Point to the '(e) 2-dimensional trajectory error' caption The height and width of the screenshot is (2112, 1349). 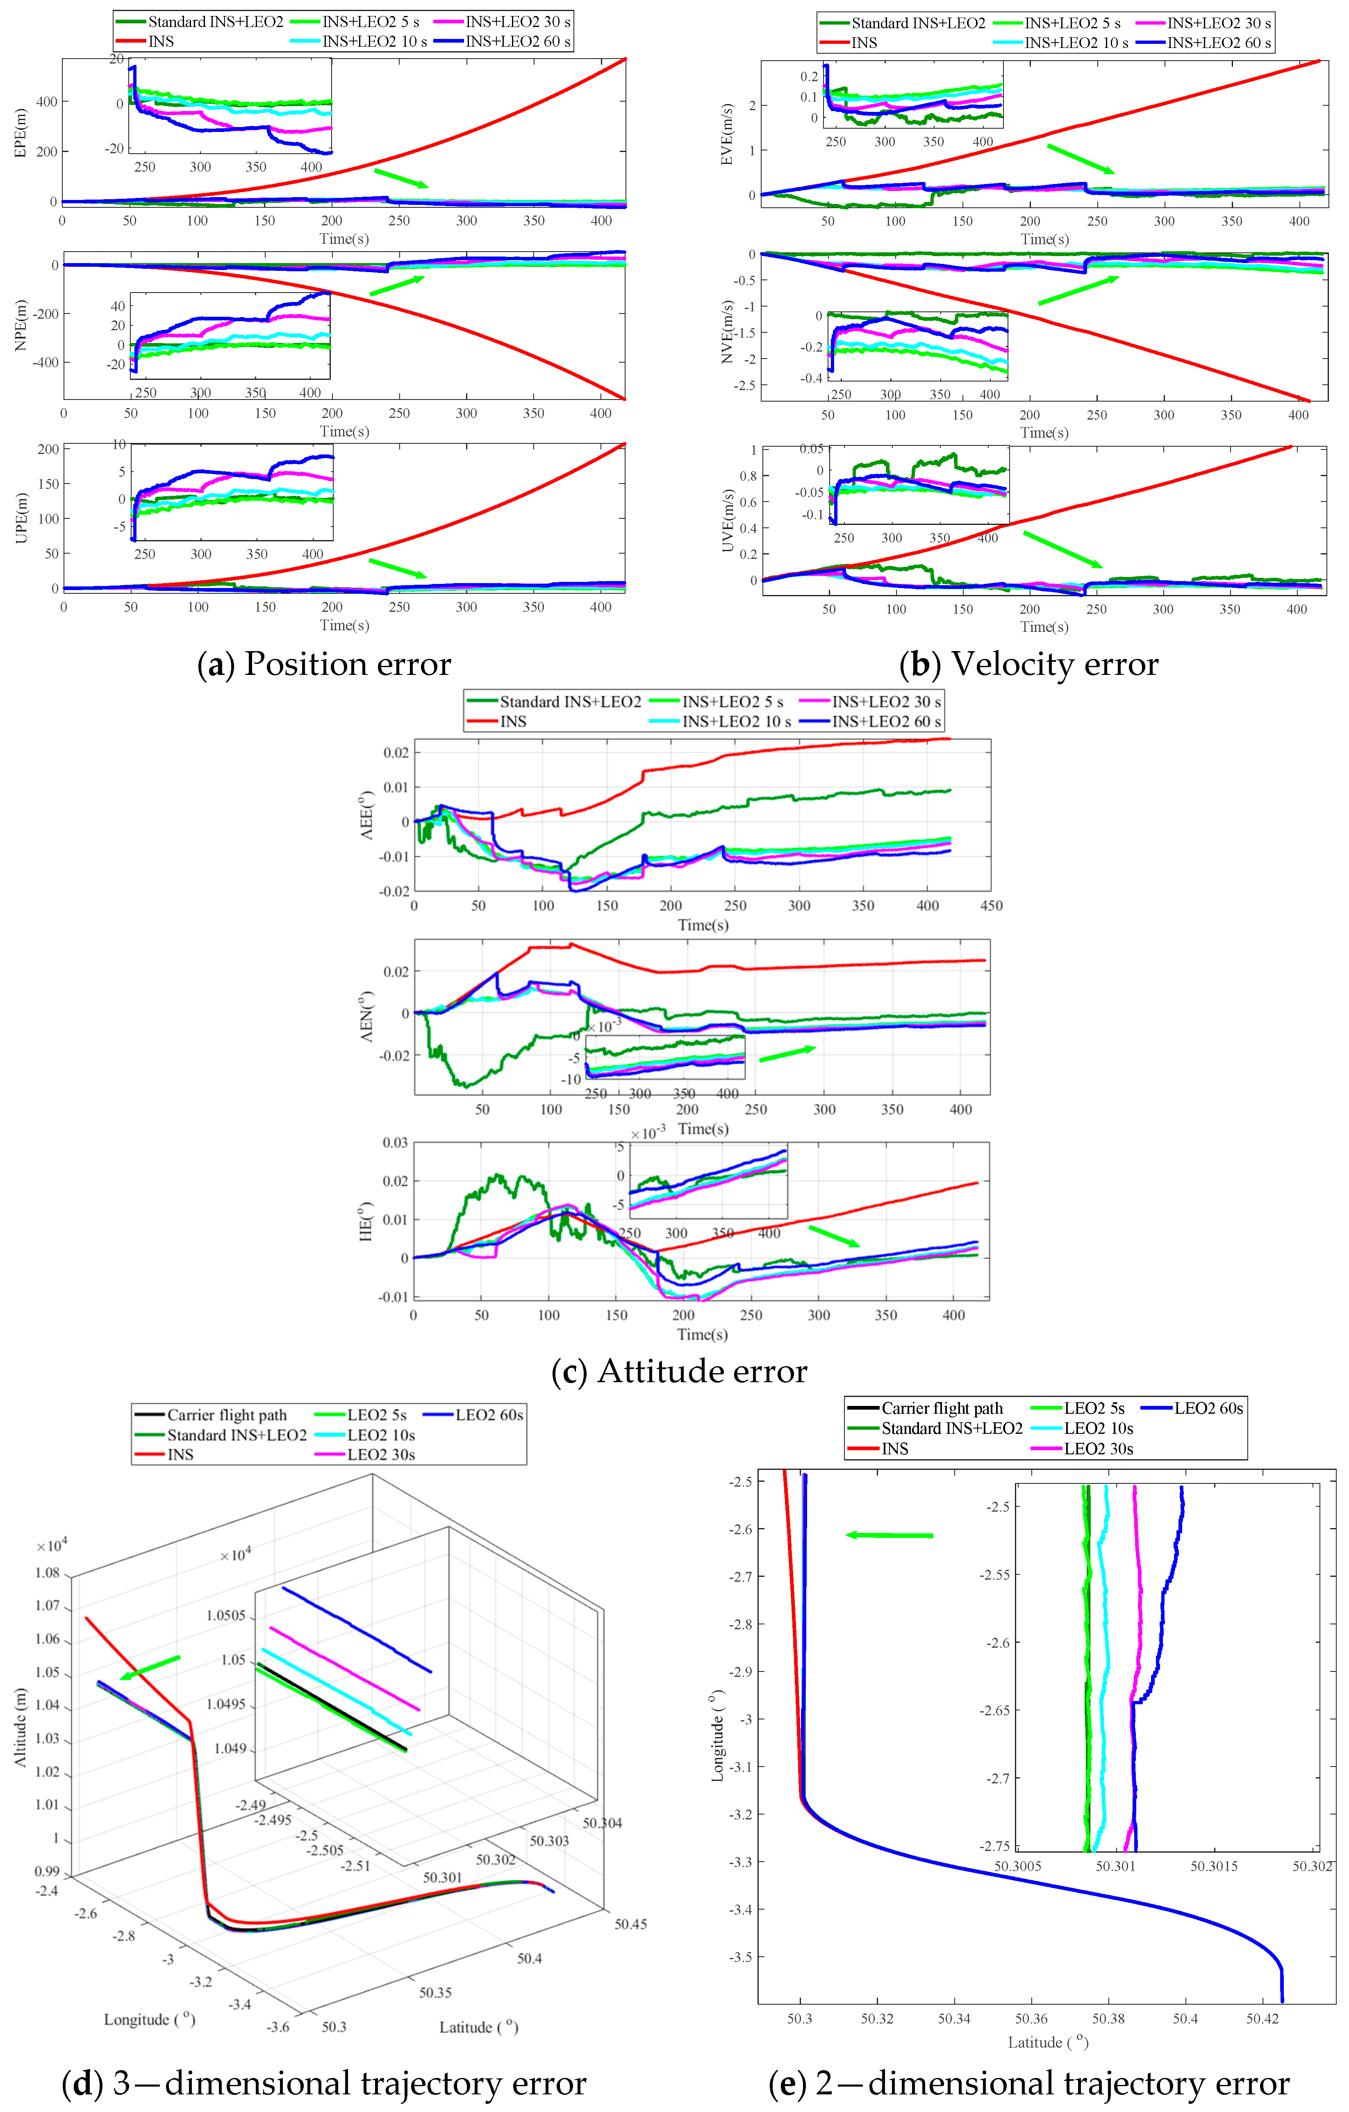(1029, 2083)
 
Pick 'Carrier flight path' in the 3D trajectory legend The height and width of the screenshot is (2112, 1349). (226, 1415)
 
